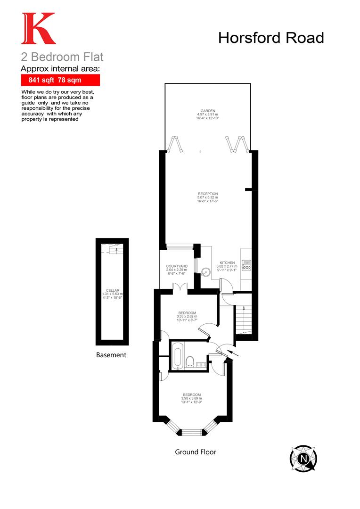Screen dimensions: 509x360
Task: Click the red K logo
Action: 38,29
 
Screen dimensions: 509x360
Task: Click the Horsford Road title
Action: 271,38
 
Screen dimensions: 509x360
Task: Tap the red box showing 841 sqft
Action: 60,80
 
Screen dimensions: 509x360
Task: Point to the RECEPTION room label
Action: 208,194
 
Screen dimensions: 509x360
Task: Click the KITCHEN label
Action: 227,263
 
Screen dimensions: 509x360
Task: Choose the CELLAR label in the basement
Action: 113,290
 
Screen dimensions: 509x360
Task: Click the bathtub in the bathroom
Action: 178,357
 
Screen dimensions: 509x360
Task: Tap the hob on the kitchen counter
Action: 246,265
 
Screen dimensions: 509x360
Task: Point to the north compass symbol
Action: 303,457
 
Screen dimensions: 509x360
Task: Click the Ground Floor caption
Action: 196,452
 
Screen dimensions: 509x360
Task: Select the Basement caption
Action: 111,355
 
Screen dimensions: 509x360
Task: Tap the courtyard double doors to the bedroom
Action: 180,287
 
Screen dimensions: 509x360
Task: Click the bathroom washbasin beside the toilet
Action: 201,364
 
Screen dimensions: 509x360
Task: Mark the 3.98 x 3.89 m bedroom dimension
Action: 191,399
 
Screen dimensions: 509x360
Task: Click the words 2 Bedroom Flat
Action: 62,57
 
